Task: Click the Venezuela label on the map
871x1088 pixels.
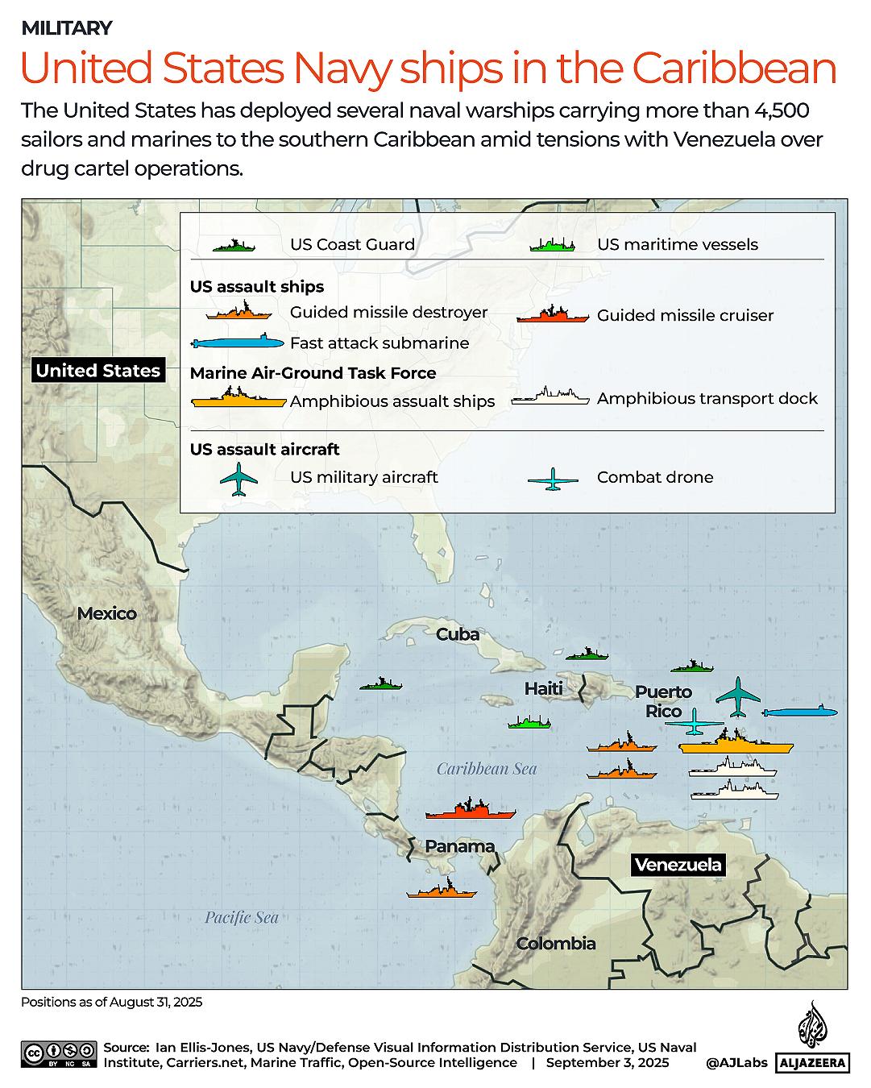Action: pos(678,866)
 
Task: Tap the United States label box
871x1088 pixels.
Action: pos(98,371)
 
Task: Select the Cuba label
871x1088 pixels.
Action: pos(458,635)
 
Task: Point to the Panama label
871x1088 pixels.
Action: pos(460,846)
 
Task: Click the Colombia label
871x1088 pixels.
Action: pos(556,944)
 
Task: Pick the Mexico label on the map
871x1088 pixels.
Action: pos(107,614)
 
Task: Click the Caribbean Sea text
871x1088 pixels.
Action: pos(487,769)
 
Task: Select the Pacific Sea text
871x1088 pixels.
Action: pos(241,917)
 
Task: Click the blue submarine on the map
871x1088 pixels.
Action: pos(800,712)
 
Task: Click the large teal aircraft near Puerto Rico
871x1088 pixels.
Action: pos(738,697)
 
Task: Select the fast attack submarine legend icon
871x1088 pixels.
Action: pos(238,343)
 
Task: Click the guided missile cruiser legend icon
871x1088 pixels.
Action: pos(553,314)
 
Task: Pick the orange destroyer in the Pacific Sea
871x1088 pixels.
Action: pos(442,890)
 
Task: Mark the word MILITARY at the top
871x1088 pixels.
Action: pos(66,28)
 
